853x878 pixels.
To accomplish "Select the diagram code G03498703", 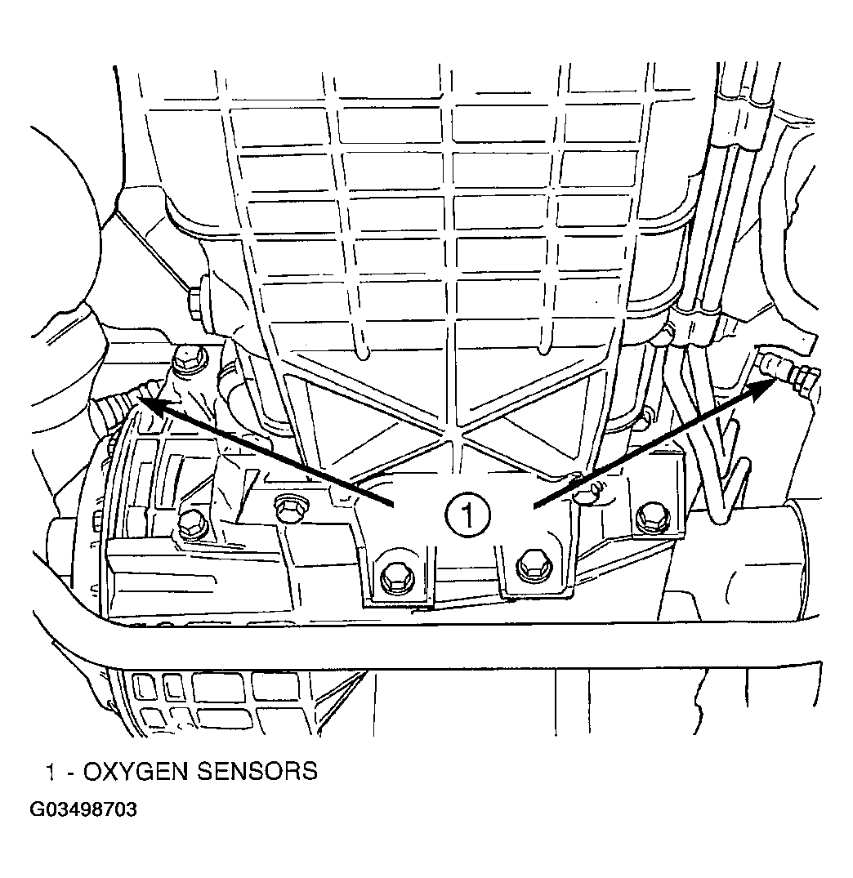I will point(83,811).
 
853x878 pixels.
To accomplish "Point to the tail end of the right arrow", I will point(535,507).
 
